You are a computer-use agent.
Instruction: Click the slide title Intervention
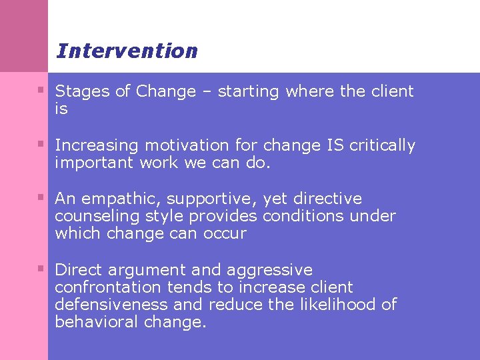coord(127,51)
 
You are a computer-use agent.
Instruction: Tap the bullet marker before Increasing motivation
coord(41,143)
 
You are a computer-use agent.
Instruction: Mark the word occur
coord(226,234)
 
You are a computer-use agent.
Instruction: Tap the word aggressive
coord(269,271)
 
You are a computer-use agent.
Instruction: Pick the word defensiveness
coord(110,305)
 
